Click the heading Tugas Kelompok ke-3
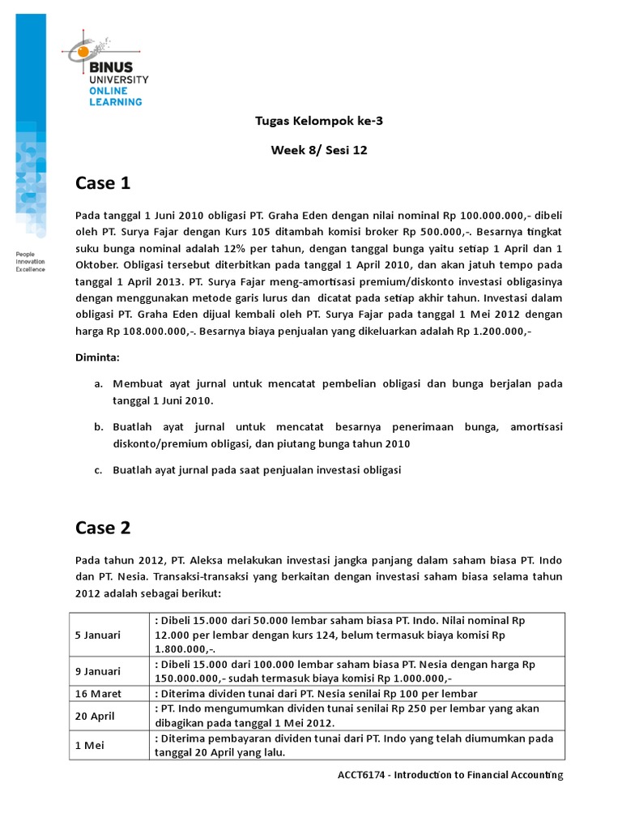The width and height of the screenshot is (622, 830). tap(318, 122)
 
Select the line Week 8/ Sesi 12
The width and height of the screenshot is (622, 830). tap(318, 150)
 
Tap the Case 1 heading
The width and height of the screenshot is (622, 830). tap(103, 184)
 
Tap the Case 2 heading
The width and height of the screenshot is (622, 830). tap(103, 528)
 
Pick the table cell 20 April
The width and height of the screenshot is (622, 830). tap(96, 716)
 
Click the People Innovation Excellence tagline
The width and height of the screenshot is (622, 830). tap(31, 262)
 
